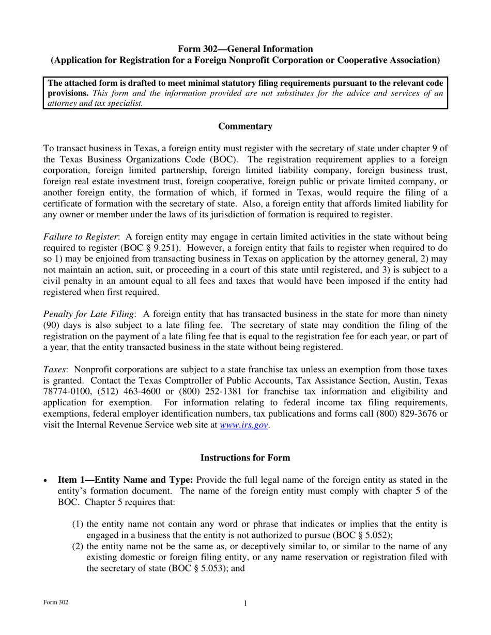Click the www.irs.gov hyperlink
pos(243,425)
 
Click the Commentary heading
pos(245,126)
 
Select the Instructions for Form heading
pos(245,458)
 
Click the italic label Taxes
pos(54,370)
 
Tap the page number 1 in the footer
pos(245,604)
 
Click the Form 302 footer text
pos(56,602)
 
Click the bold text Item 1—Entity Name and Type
pos(126,480)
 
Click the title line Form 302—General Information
pos(245,49)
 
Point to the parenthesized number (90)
pos(54,325)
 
